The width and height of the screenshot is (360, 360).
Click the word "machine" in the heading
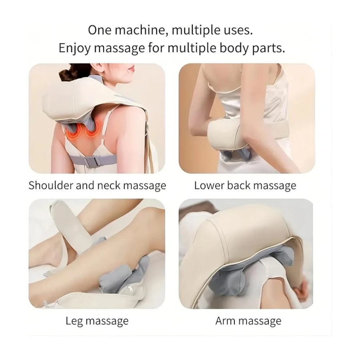140,30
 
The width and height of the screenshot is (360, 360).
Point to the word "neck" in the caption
109,185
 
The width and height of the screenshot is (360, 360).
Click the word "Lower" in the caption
209,185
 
